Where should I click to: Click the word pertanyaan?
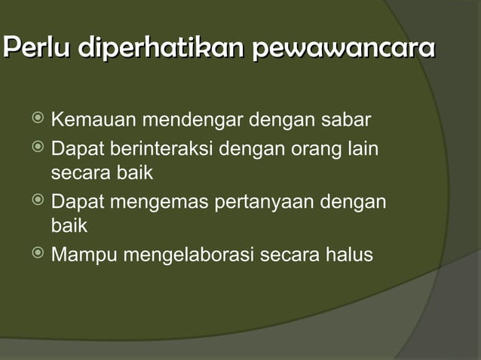(268, 203)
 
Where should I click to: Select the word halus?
(347, 255)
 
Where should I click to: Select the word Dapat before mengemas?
(78, 202)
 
